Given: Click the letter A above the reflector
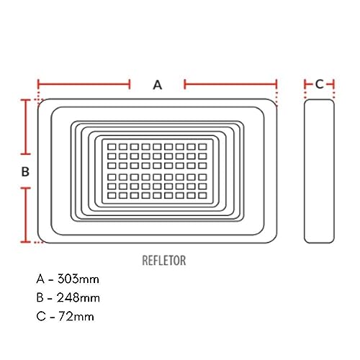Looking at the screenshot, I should (x=158, y=84).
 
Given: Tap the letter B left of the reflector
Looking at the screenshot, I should (x=24, y=171).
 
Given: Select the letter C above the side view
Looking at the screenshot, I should (x=319, y=84).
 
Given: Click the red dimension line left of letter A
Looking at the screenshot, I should (x=84, y=84).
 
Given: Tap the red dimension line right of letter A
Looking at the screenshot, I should (x=230, y=84).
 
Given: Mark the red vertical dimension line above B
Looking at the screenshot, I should (x=26, y=127).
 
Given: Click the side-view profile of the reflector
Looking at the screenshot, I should (x=319, y=171).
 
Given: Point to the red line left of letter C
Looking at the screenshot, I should (x=307, y=84).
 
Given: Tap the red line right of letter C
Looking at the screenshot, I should (x=331, y=84).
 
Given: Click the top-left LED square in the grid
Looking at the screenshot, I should (x=112, y=146).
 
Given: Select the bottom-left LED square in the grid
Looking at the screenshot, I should (x=112, y=195).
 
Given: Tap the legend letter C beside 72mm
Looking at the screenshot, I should (x=39, y=315).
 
